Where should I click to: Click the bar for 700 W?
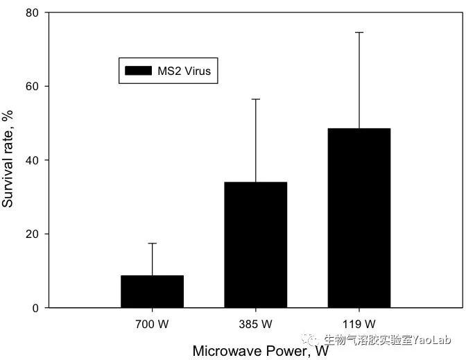152,291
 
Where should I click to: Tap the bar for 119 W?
359,218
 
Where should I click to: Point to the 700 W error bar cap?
152,243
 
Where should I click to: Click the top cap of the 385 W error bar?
255,99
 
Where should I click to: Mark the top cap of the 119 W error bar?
359,33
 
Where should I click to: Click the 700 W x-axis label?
152,324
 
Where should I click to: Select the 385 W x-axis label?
255,324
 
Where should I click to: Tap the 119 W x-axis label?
359,324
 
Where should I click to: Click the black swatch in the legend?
139,71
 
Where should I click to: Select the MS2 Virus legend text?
183,71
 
